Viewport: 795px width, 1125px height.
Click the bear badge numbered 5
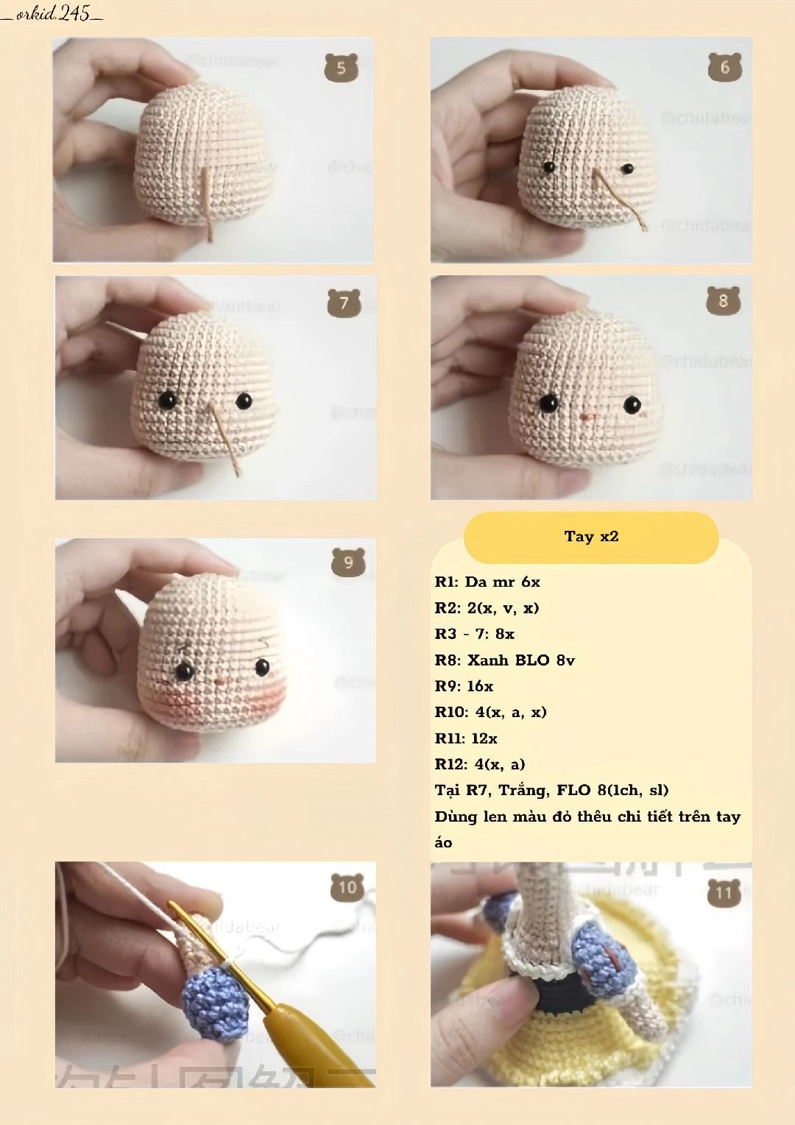click(x=341, y=68)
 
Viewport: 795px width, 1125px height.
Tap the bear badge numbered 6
click(x=724, y=68)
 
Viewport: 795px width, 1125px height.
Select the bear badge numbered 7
click(x=343, y=303)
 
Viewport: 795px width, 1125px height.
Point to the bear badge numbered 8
click(x=723, y=301)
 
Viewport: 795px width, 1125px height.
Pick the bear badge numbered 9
click(x=348, y=563)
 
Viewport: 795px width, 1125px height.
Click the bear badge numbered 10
click(x=347, y=888)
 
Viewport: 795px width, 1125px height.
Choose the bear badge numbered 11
click(x=724, y=893)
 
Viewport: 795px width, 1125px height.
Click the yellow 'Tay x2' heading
click(x=591, y=537)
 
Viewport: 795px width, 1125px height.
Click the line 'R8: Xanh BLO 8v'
click(x=505, y=660)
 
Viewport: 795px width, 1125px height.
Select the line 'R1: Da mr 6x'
click(x=487, y=582)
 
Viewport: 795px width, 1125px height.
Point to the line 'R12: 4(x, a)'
click(x=480, y=764)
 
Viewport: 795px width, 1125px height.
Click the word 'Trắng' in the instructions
click(x=523, y=790)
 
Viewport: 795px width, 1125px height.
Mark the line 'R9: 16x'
click(x=464, y=686)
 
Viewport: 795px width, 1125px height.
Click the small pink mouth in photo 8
click(x=587, y=417)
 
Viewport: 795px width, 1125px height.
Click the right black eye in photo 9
click(x=262, y=667)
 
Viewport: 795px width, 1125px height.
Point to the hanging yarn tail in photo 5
click(x=208, y=206)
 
